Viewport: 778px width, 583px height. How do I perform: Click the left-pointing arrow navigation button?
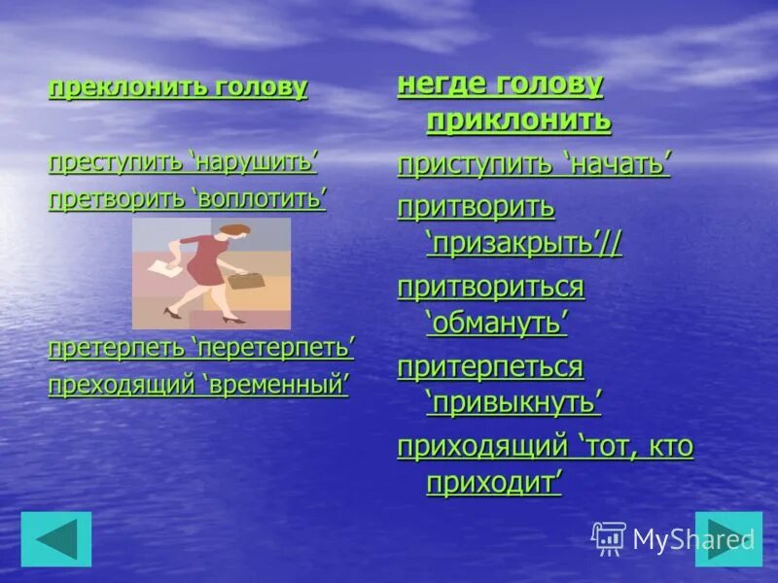pyautogui.click(x=55, y=539)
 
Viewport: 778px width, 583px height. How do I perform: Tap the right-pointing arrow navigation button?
pyautogui.click(x=728, y=539)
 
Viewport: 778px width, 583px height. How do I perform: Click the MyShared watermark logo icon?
pyautogui.click(x=609, y=537)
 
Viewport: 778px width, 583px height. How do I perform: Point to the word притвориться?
pyautogui.click(x=490, y=287)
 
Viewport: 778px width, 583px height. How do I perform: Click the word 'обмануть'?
pyautogui.click(x=496, y=324)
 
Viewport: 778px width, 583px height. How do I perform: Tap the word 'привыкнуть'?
pyautogui.click(x=513, y=403)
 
